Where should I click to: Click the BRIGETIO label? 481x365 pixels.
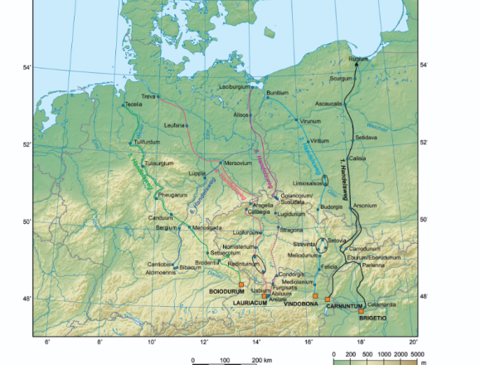pos(373,317)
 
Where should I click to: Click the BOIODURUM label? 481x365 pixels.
pos(226,291)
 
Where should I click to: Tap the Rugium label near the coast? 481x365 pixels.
pos(359,60)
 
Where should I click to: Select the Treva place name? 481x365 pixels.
pos(148,96)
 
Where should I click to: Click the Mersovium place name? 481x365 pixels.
pos(237,163)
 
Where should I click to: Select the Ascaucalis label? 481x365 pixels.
pos(329,104)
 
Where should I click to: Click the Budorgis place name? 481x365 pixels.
pos(332,207)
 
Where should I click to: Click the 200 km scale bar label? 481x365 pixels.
pos(262,361)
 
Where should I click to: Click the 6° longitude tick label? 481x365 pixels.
pos(47,342)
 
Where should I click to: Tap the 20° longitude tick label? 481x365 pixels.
pos(413,342)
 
